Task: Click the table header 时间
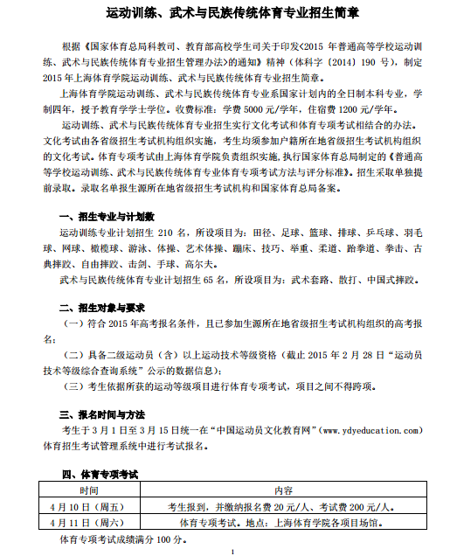point(88,491)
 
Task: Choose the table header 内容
point(284,491)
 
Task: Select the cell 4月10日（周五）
point(88,507)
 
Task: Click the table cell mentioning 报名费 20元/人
point(284,507)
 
